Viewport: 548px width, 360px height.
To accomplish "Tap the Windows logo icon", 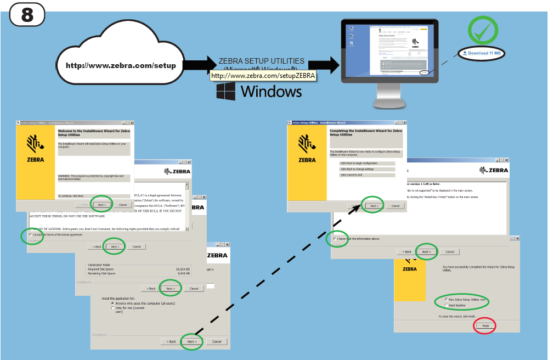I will click(x=226, y=92).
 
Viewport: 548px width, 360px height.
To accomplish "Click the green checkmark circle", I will click(x=483, y=31).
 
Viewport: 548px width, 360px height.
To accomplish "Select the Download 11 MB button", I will click(x=481, y=53).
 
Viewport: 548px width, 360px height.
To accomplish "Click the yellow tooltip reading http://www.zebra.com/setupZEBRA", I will click(x=263, y=76).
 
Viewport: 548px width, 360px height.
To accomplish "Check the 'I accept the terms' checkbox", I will click(x=31, y=235).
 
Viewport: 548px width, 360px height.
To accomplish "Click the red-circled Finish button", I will click(x=485, y=325).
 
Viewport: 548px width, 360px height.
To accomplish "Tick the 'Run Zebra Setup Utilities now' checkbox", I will click(x=446, y=299).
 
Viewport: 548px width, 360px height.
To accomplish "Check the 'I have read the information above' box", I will click(x=335, y=239).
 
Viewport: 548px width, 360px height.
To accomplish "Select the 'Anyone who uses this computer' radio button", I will click(x=112, y=303).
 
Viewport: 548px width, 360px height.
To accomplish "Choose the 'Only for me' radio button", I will click(x=112, y=308).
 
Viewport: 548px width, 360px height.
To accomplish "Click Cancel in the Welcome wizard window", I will click(x=123, y=205).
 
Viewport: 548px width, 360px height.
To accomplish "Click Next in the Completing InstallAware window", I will click(x=374, y=206).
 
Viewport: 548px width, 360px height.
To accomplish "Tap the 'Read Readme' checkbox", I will click(x=446, y=305).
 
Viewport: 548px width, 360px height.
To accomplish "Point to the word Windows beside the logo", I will click(x=271, y=92).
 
